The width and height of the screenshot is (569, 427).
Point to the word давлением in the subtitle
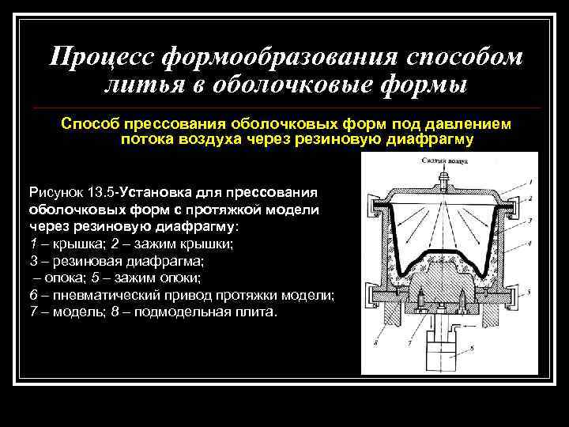coord(466,124)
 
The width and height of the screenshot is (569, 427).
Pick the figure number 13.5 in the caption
coord(98,191)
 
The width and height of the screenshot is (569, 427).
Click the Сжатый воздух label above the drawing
coord(443,160)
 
